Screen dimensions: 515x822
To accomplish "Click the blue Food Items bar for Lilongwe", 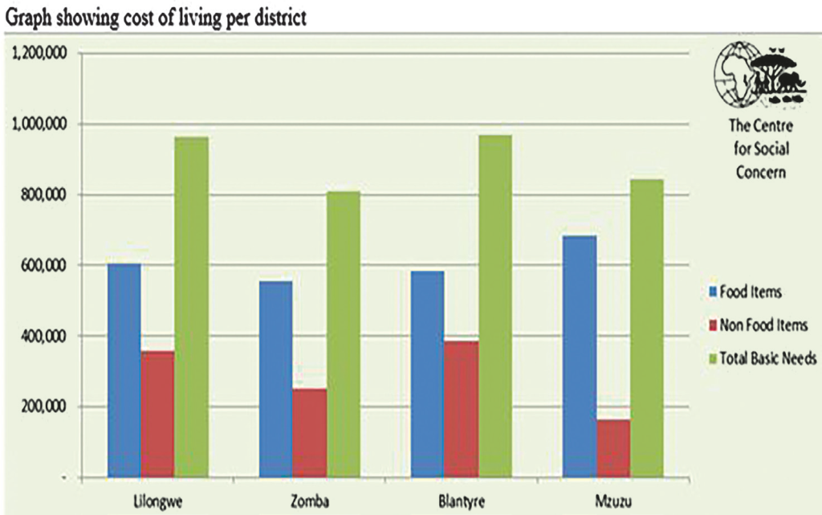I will point(124,370).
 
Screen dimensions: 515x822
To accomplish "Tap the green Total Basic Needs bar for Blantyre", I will point(494,305).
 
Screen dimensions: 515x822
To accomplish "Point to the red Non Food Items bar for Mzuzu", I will point(613,448).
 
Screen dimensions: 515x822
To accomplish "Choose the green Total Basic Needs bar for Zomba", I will point(343,333).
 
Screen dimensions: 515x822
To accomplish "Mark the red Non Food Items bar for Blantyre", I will point(461,408).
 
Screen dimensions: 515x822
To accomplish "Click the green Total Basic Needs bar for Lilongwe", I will point(191,306).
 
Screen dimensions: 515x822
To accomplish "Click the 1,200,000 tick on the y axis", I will point(37,54).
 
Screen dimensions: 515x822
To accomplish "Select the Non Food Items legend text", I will point(763,325).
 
